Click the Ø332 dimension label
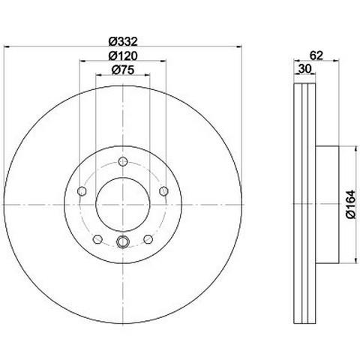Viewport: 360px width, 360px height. coord(123,41)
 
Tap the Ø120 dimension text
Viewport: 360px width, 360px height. coord(123,55)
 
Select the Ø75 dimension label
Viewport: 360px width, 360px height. coord(123,70)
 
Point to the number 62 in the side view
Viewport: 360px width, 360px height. coord(316,55)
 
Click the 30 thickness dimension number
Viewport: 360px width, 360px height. coord(304,68)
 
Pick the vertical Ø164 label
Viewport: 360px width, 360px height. coord(351,204)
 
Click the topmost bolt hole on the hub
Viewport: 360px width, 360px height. coord(123,161)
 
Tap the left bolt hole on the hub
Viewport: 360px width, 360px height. coord(82,191)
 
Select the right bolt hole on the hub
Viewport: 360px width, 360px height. coord(163,191)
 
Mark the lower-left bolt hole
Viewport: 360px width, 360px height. coord(97,239)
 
